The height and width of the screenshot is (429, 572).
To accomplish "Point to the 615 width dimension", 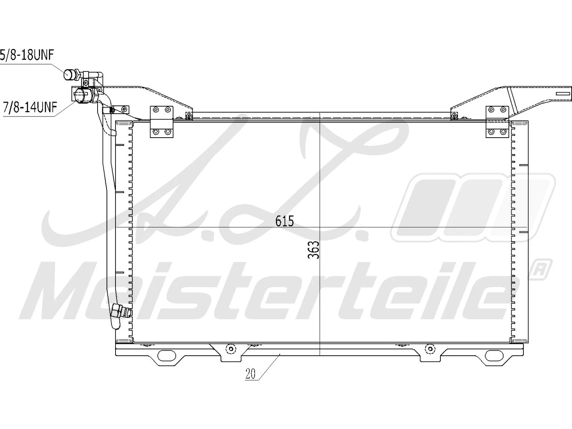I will (x=285, y=222).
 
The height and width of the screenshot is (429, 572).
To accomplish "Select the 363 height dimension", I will (x=314, y=250).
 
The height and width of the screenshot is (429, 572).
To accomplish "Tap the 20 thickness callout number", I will (x=251, y=374).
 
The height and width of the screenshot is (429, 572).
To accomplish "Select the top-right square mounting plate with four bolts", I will (x=497, y=122).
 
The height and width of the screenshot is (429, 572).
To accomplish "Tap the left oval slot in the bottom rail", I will (x=167, y=355).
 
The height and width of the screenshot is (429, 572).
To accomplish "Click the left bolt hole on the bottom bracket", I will (x=231, y=349).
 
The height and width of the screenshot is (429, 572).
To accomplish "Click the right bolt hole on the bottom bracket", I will (x=429, y=349).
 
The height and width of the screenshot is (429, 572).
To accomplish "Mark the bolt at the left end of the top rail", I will (x=188, y=115).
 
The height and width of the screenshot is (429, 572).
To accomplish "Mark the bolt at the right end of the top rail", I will (x=454, y=115).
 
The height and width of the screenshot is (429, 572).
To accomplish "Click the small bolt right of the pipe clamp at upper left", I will (x=124, y=109).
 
